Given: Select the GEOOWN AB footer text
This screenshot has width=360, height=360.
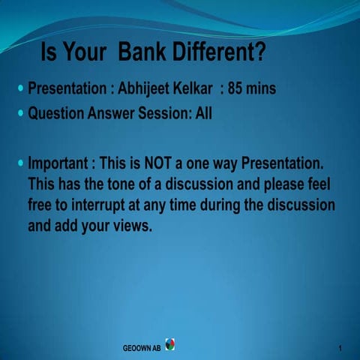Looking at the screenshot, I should [142, 349].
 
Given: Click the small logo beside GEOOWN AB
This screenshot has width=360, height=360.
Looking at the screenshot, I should [170, 345].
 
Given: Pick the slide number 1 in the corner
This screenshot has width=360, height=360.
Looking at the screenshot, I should [340, 349].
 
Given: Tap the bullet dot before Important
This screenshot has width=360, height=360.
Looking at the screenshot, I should [20, 163].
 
